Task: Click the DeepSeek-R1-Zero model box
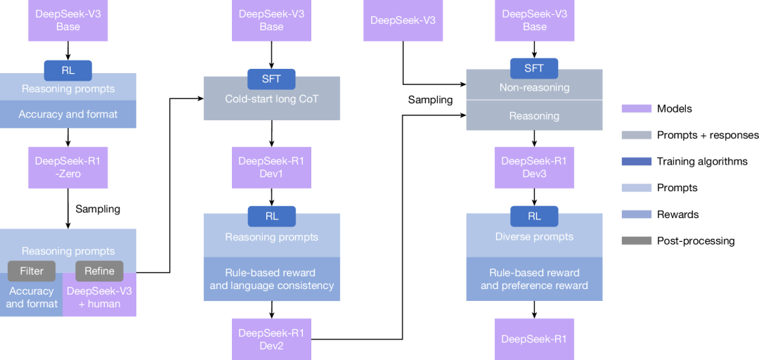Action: pyautogui.click(x=68, y=167)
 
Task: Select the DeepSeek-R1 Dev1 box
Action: pyautogui.click(x=271, y=167)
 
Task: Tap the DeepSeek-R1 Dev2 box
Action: pyautogui.click(x=271, y=338)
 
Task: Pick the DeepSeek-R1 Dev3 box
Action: pyautogui.click(x=534, y=167)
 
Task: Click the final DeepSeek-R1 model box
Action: pyautogui.click(x=534, y=339)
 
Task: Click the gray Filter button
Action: pyautogui.click(x=32, y=271)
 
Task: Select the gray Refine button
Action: pyautogui.click(x=99, y=271)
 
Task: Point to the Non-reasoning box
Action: pyautogui.click(x=534, y=89)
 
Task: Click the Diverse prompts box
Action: pyautogui.click(x=534, y=237)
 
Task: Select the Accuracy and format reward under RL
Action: pyautogui.click(x=68, y=114)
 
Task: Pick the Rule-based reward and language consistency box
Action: pyautogui.click(x=271, y=279)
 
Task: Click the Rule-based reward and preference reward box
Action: pyautogui.click(x=534, y=279)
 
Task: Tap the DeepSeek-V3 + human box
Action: pyautogui.click(x=99, y=298)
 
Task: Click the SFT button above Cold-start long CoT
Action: pyautogui.click(x=271, y=78)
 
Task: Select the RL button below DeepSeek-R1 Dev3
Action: pyautogui.click(x=534, y=216)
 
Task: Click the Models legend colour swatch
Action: pyautogui.click(x=635, y=108)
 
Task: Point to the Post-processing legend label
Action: pyautogui.click(x=696, y=240)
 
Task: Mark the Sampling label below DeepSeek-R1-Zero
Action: pyautogui.click(x=98, y=209)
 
